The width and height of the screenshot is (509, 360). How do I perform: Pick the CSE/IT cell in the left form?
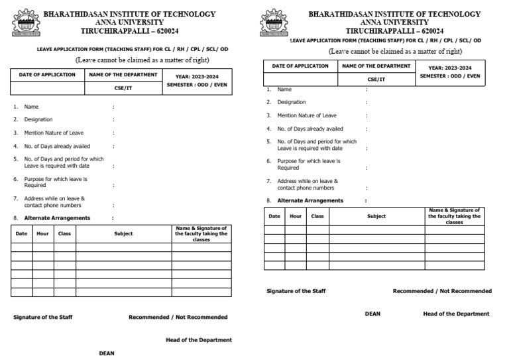123,88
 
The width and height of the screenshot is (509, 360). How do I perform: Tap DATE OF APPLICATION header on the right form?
300,66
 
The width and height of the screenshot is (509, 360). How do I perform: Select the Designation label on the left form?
38,119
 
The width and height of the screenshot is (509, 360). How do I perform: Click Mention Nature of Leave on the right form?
306,115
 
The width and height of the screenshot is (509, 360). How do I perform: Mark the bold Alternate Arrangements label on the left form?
57,218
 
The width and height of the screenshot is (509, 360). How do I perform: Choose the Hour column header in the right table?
296,216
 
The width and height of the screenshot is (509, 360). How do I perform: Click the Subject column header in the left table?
123,234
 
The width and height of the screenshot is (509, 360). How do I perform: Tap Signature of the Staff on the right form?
296,291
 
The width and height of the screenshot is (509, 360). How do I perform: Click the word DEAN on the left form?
107,353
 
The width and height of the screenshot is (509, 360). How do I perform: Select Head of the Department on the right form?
456,314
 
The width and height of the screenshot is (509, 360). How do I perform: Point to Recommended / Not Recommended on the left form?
178,318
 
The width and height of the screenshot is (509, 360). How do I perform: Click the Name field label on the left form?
31,107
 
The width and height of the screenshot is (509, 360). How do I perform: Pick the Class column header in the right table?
317,216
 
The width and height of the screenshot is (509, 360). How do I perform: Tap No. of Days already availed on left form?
57,146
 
